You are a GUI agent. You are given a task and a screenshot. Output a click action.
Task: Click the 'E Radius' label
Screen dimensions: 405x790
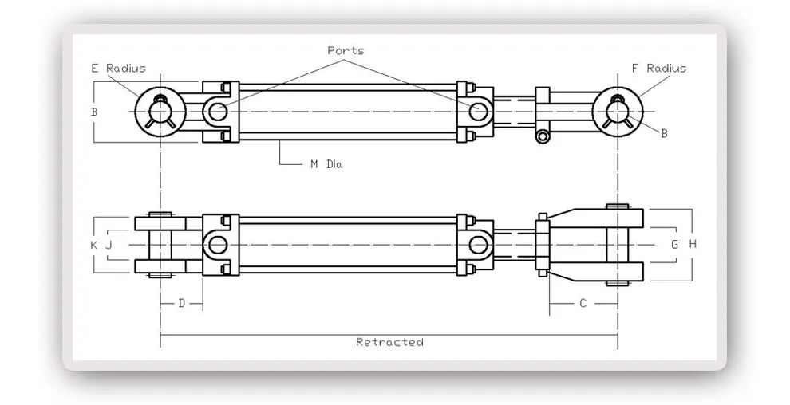118,69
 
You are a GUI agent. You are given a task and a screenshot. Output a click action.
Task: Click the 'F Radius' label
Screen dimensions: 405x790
658,69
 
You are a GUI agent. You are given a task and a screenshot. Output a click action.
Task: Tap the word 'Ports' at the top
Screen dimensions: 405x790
346,50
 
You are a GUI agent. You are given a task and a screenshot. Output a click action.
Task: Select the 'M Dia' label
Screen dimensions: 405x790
326,164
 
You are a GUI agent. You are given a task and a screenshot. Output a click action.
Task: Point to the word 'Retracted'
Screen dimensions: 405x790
389,342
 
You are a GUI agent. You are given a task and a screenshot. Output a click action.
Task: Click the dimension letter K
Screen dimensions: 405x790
93,245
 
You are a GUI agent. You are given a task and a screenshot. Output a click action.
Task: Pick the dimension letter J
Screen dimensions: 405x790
109,245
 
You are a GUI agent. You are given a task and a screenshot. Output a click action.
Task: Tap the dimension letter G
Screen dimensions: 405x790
674,244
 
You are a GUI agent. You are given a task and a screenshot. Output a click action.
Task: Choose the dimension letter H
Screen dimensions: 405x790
693,244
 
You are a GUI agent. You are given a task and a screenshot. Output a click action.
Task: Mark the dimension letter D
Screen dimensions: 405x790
182,303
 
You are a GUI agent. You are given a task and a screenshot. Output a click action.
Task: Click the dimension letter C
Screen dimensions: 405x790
583,303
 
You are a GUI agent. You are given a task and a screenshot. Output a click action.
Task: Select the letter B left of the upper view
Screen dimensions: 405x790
94,112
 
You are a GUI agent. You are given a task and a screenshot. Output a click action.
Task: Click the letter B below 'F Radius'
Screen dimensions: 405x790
664,133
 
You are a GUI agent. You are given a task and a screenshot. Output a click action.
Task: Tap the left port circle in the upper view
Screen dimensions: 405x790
217,111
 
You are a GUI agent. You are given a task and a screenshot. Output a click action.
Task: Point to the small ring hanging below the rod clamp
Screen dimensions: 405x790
543,137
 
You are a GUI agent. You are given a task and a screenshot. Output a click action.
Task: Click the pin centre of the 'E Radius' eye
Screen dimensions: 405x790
160,111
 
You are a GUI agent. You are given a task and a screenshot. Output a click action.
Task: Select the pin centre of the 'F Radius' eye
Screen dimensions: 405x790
618,111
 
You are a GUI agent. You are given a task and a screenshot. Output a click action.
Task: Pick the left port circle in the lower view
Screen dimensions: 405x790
217,244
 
